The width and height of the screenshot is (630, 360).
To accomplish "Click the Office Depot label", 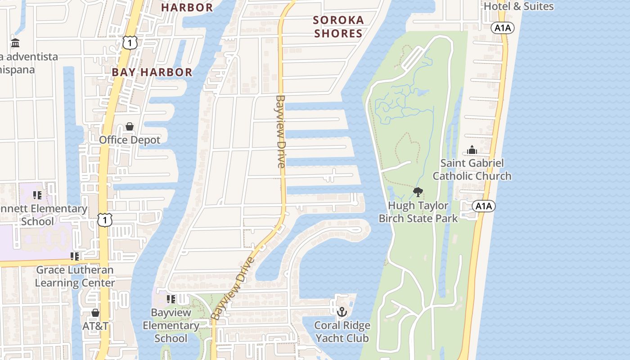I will [x=130, y=140].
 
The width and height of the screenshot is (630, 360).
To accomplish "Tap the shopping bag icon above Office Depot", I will [x=130, y=126].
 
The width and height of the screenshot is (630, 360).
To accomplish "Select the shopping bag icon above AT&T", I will [x=95, y=312].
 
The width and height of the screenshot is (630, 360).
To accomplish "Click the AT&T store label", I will [x=95, y=325].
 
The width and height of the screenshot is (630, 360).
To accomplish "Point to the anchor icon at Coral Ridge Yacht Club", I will [x=342, y=311].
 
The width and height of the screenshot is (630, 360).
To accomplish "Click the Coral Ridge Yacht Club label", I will [x=342, y=332].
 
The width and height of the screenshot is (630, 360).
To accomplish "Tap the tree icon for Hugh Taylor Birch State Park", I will [x=418, y=192].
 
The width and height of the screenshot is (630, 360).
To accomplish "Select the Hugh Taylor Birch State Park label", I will [x=418, y=212].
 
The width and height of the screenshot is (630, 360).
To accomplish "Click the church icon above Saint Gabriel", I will [x=472, y=149].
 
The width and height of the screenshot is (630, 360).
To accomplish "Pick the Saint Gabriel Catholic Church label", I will [x=472, y=169].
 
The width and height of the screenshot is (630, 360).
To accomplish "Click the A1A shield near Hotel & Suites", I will [x=503, y=28].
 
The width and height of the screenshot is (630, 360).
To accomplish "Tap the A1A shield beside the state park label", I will [x=484, y=206].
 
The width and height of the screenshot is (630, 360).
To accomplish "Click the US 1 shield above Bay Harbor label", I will [x=130, y=43].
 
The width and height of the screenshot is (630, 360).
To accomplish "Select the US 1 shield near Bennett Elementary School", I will [x=105, y=220].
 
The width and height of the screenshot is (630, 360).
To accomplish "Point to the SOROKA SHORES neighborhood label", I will [x=338, y=27].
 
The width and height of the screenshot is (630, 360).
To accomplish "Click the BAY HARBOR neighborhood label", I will [x=152, y=72].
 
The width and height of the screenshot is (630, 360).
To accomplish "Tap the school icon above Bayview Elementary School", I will [x=171, y=299].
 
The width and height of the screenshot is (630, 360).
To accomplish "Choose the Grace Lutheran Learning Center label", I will [x=75, y=276].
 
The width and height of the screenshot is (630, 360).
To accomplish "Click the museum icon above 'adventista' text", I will [x=16, y=43].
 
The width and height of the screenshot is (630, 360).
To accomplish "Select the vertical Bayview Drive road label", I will [x=281, y=131].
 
